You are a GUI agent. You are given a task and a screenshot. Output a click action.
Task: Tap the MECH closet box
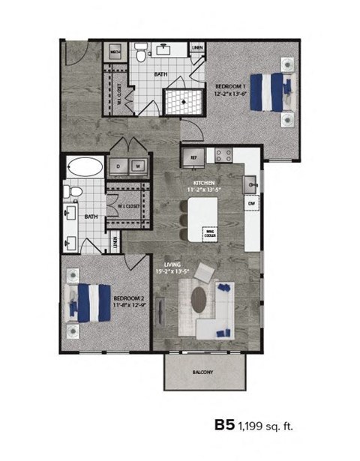click(x=115, y=52)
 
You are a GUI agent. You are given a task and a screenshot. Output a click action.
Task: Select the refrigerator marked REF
click(x=192, y=157)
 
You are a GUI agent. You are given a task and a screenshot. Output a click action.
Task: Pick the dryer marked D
click(x=118, y=166)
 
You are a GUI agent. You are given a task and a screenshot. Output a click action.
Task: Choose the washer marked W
click(x=137, y=166)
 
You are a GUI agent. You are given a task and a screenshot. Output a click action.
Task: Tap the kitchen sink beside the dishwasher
click(x=251, y=182)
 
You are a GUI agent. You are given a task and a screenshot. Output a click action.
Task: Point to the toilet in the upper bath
click(x=140, y=52)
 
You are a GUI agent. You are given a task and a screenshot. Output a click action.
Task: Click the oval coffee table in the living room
click(x=199, y=298)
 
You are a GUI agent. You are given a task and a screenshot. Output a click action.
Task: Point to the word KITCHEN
click(x=204, y=183)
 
